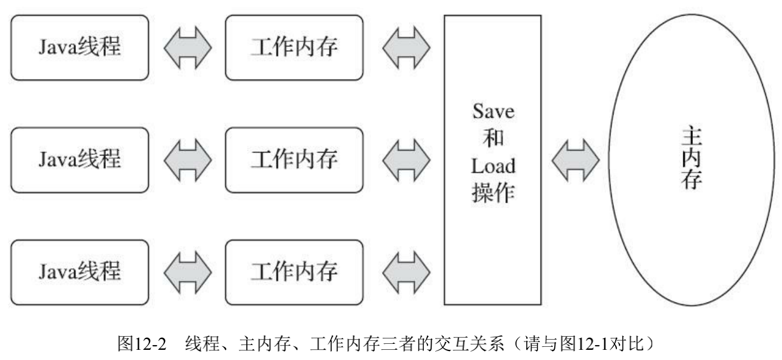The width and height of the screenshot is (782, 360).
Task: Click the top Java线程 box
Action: click(80, 48)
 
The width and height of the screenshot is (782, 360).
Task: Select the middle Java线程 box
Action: click(80, 160)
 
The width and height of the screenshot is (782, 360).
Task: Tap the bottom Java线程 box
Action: click(80, 271)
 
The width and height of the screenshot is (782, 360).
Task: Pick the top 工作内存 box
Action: click(294, 48)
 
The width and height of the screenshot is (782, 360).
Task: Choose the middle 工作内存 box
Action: click(294, 160)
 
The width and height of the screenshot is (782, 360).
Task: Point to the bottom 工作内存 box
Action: click(294, 271)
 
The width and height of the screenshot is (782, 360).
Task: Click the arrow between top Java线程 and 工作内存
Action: click(187, 48)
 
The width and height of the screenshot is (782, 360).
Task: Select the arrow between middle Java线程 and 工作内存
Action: click(187, 160)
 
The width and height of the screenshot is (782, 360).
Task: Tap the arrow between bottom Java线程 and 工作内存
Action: click(187, 271)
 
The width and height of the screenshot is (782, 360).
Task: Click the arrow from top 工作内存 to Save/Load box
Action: click(405, 48)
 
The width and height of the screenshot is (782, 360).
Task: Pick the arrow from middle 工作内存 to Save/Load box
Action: click(405, 160)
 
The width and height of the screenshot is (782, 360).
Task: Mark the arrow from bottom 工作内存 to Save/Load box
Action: click(405, 271)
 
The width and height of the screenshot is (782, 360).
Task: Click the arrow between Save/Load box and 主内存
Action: click(575, 160)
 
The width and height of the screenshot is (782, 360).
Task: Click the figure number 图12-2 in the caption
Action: click(145, 344)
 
